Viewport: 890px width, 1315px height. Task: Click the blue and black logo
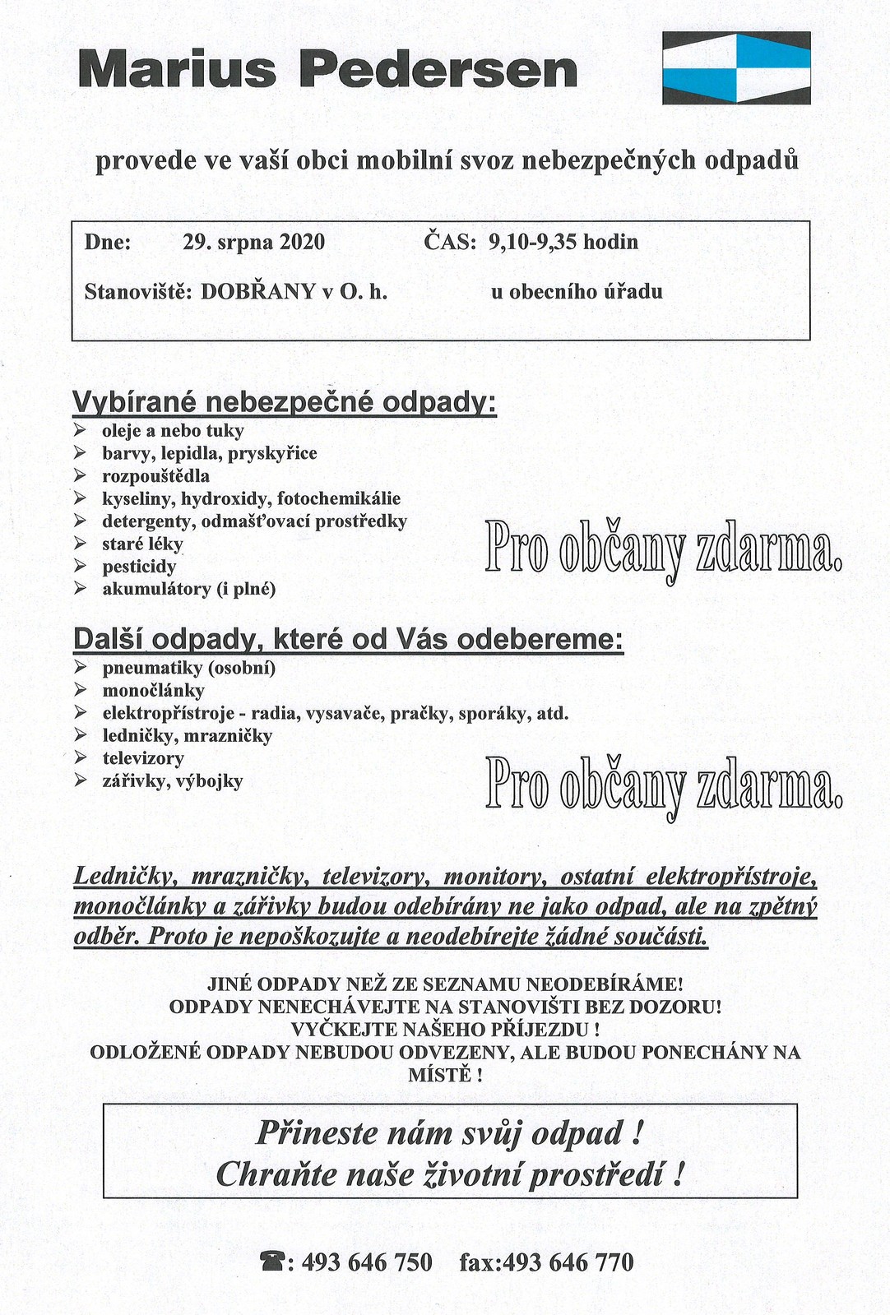point(736,67)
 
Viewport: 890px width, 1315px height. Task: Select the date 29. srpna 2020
point(253,243)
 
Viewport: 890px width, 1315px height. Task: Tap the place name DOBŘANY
point(258,292)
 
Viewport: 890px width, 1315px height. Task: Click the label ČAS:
point(450,243)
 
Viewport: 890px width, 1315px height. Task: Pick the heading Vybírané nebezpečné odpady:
point(285,404)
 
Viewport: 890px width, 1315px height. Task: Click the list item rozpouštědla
point(155,476)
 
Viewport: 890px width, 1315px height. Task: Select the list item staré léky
point(142,544)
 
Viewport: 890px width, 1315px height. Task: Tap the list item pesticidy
point(139,567)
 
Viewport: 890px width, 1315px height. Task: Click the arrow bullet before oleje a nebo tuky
point(80,430)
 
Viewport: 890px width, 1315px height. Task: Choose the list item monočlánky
point(153,691)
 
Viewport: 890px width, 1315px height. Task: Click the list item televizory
point(143,758)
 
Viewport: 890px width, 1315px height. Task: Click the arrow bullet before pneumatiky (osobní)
point(80,667)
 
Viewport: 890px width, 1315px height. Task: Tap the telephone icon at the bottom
point(271,1262)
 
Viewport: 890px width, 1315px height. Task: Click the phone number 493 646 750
point(367,1262)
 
